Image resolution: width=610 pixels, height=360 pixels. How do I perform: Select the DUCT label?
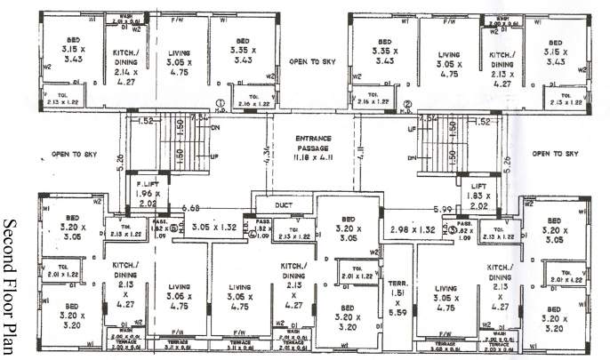click(284, 204)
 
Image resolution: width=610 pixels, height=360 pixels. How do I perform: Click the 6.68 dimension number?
click(189, 209)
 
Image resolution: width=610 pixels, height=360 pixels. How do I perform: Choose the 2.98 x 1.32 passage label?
click(413, 228)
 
